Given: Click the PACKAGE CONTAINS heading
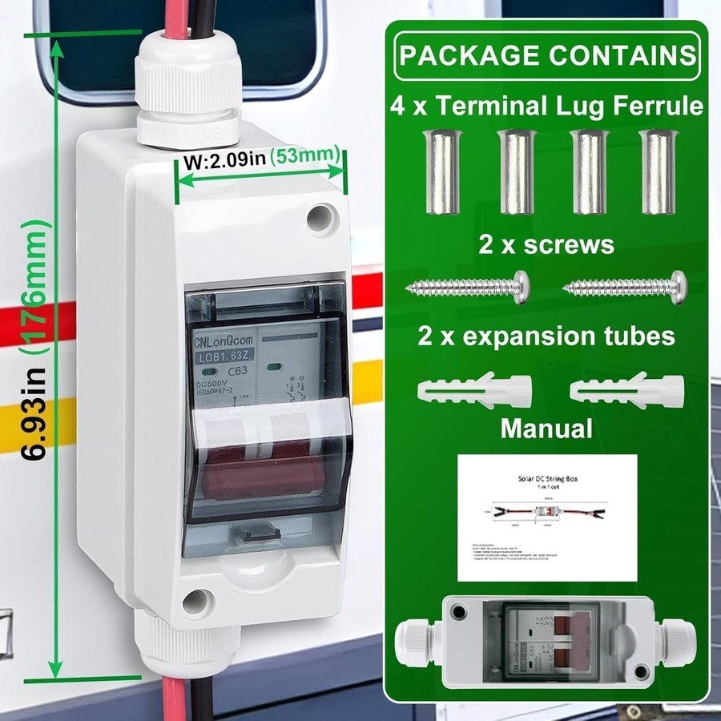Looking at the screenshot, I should pyautogui.click(x=548, y=55).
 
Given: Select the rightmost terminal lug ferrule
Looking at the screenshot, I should pyautogui.click(x=657, y=174).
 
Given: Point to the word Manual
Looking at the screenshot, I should pyautogui.click(x=546, y=428).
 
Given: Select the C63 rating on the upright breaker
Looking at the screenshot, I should pyautogui.click(x=238, y=372).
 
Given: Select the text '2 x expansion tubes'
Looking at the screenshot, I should pyautogui.click(x=546, y=336).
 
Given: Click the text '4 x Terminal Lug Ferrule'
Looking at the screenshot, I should pyautogui.click(x=547, y=105).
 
